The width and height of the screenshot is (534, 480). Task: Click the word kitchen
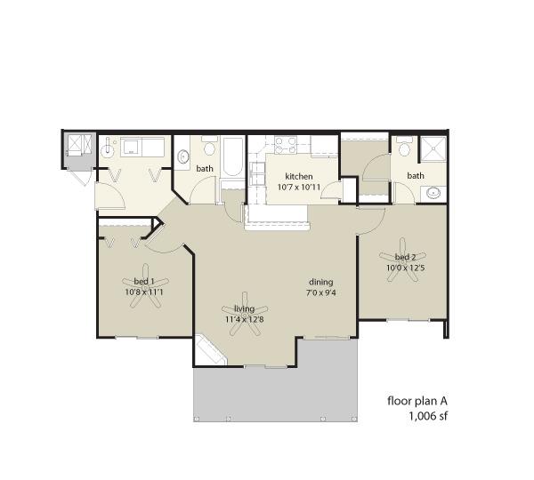[299, 177]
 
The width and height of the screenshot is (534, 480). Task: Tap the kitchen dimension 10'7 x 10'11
[299, 187]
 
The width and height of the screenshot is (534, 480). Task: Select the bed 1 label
[144, 281]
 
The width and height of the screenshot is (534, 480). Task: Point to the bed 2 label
[405, 257]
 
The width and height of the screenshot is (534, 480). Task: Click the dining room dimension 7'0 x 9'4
[321, 292]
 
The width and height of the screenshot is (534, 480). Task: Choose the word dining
[320, 283]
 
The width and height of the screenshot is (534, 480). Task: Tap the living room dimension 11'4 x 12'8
[245, 319]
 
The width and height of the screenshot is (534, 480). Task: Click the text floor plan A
[417, 401]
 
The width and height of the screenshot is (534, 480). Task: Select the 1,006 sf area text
[428, 416]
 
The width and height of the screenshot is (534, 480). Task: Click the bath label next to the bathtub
[205, 168]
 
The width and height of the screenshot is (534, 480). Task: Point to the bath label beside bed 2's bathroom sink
[416, 175]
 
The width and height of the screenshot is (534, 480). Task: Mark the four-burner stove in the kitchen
[286, 145]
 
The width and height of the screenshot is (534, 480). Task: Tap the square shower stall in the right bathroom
[433, 148]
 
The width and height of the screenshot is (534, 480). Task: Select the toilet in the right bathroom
[405, 147]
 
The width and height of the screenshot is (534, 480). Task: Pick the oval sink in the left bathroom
[183, 156]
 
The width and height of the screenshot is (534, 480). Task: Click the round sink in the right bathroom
[433, 193]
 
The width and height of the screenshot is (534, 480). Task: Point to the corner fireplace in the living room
[209, 351]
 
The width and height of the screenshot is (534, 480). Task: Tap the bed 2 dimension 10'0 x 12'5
[405, 268]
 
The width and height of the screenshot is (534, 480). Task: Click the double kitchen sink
[257, 174]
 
